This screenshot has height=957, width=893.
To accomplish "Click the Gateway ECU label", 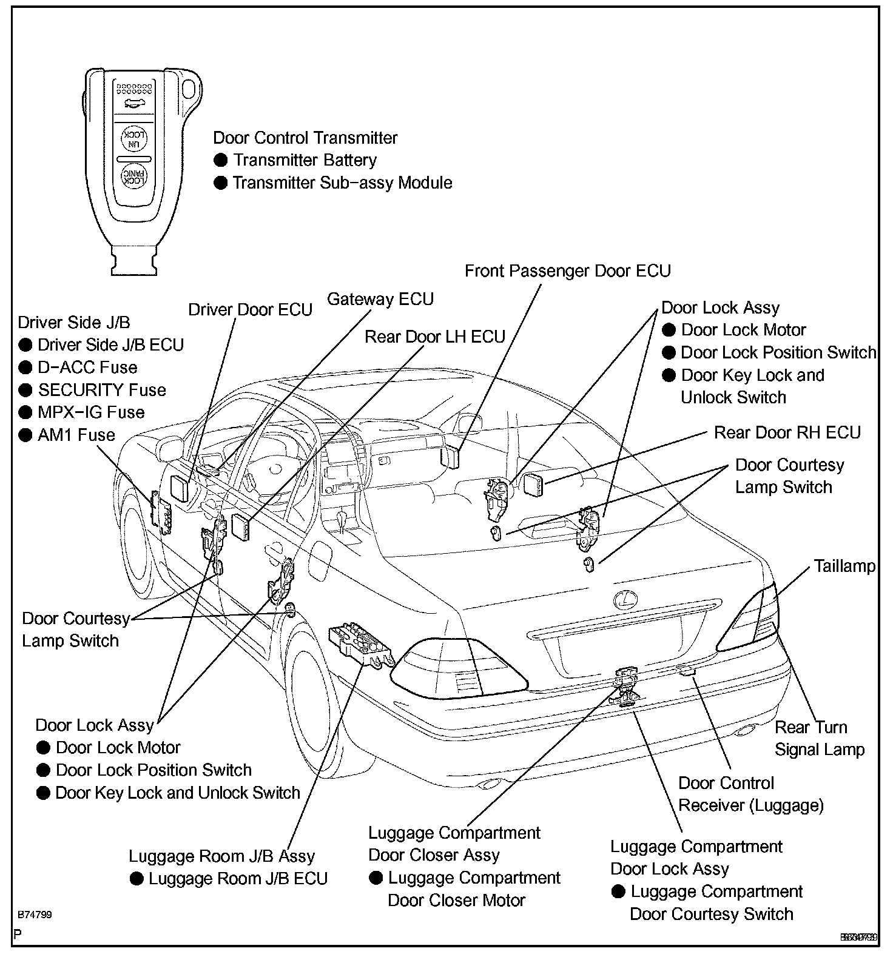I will [x=380, y=300].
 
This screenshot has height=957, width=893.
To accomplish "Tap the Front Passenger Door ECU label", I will [x=568, y=271].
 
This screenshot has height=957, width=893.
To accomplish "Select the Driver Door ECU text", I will [x=250, y=310].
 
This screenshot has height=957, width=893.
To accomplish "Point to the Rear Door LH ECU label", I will [x=434, y=337].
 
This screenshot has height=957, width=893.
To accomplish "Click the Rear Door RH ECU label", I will [x=787, y=433].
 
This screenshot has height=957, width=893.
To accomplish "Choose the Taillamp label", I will [x=844, y=566].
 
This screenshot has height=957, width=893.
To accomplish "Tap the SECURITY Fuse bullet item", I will [x=101, y=390].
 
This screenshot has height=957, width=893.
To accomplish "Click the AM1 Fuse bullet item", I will [x=76, y=435].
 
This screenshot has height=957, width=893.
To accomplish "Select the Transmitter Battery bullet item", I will [x=305, y=161].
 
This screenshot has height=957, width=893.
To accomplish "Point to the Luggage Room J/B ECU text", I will [x=238, y=879].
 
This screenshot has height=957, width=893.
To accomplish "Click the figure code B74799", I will [x=35, y=915].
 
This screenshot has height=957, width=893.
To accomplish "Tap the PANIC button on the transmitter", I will [x=133, y=176].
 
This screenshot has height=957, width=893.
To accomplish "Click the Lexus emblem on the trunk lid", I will [x=622, y=600].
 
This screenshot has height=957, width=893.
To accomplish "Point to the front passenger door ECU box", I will [x=452, y=457].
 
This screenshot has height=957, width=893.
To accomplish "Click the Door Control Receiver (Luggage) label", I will [x=750, y=794].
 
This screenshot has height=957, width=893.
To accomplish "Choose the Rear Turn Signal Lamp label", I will [x=819, y=739].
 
